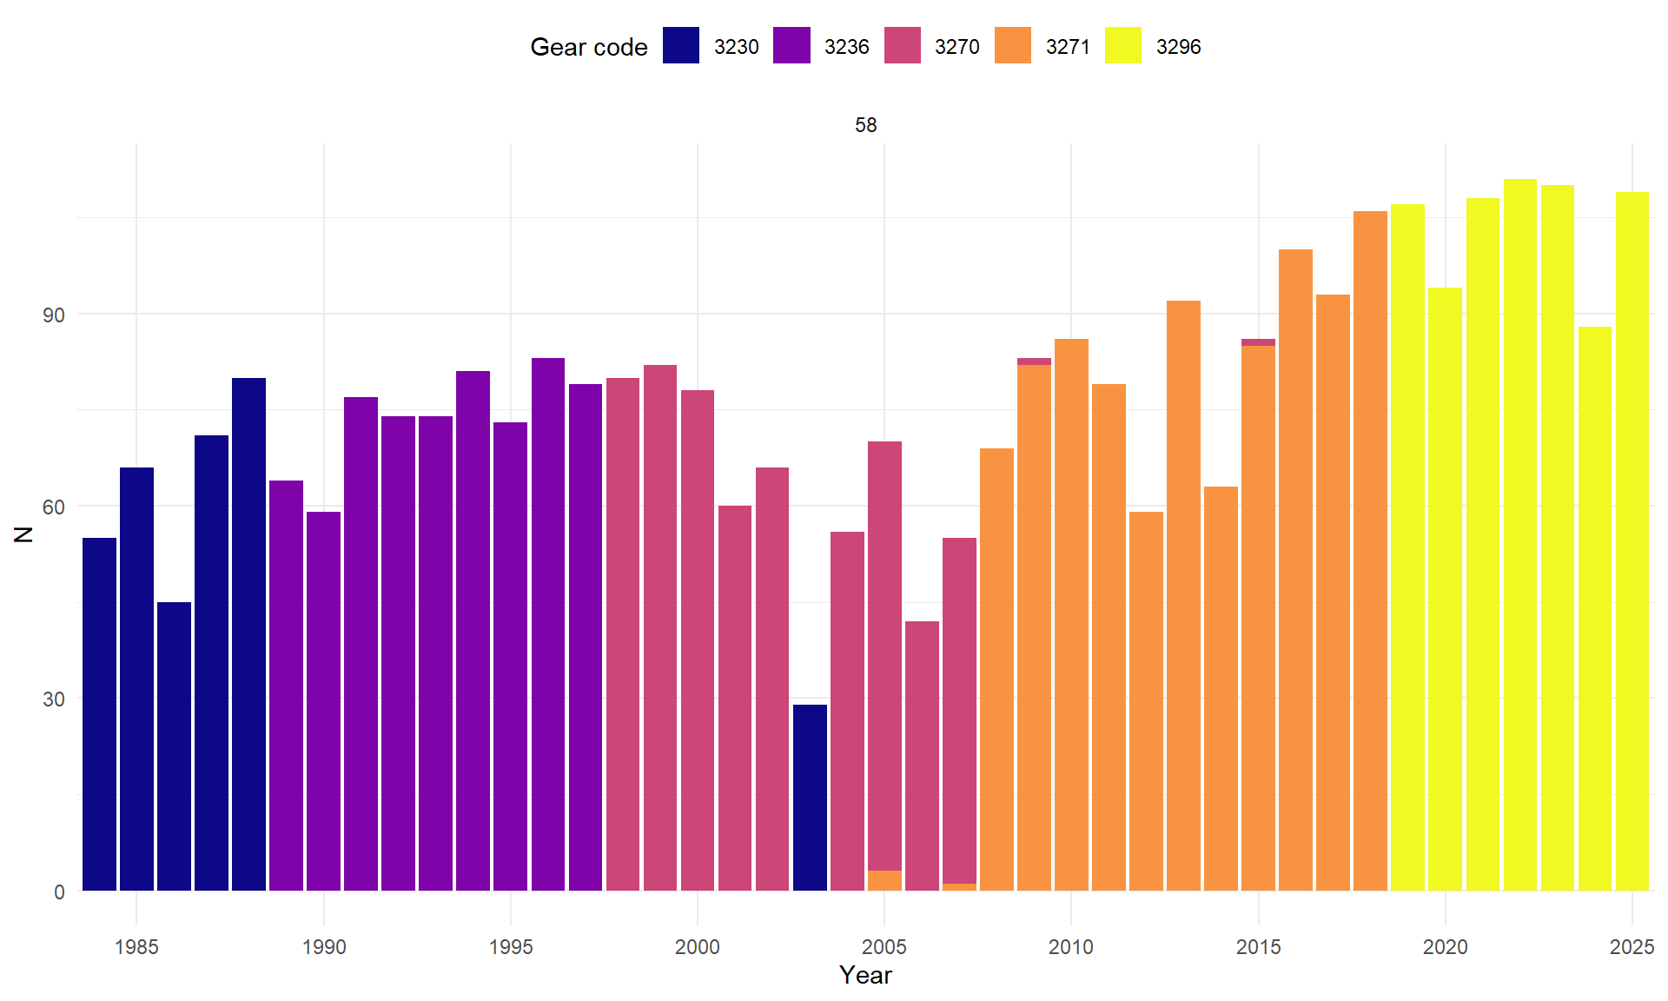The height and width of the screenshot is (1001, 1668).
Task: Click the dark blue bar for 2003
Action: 810,797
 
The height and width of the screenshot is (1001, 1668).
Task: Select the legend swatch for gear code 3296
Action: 1122,46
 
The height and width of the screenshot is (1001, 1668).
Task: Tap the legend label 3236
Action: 846,47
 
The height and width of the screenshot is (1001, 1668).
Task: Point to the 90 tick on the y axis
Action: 54,315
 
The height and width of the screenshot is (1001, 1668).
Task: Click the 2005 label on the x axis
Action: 884,947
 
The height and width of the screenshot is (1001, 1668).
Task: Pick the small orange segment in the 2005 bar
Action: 884,880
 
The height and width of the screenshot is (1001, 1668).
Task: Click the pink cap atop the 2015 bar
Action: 1258,342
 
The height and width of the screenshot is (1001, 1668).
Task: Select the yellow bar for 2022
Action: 1519,534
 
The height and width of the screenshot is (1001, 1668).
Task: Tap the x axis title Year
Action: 865,975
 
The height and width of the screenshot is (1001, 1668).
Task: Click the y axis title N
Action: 23,534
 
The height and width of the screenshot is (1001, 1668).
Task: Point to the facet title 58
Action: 865,125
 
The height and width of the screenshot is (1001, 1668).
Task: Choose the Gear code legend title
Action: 588,47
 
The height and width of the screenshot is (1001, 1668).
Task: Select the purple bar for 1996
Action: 548,624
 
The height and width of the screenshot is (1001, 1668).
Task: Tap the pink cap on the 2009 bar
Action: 1034,361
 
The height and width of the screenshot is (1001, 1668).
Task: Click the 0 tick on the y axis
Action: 59,892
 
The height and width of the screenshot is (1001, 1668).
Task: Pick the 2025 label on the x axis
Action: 1632,947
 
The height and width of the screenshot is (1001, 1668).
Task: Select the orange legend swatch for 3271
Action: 1013,46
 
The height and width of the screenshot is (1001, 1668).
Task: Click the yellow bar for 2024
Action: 1594,608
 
